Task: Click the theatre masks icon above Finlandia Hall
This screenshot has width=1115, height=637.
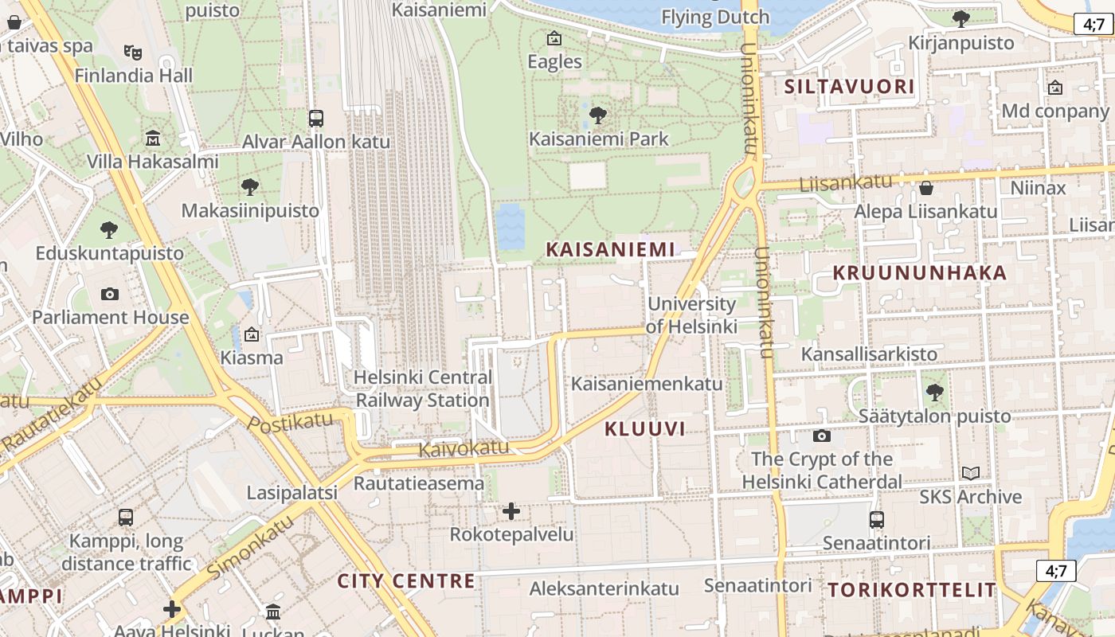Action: point(133,53)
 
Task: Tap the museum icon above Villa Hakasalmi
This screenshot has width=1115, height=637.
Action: point(153,139)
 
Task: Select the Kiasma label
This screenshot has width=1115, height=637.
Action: point(252,358)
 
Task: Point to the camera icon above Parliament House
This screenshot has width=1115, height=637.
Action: point(110,294)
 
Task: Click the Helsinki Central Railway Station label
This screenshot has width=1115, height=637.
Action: point(422,389)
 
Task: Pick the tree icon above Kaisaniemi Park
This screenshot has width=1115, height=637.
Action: point(597,116)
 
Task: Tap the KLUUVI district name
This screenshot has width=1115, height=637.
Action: point(645,429)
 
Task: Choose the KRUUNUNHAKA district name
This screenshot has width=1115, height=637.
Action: point(920,273)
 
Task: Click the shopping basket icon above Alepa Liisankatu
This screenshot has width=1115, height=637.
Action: point(925,189)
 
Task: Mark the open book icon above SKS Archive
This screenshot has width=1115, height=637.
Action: point(970,474)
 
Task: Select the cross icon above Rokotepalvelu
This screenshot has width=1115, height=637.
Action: point(511,510)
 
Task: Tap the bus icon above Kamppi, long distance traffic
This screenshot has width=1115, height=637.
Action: point(126,518)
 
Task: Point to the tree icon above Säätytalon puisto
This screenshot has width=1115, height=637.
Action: point(934,393)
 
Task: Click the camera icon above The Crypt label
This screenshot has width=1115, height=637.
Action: point(822,436)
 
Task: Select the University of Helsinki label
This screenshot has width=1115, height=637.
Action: point(691,315)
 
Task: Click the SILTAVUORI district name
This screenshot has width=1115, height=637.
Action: point(849,87)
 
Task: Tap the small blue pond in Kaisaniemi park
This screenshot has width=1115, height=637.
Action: point(510,225)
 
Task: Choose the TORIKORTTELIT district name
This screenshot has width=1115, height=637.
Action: point(912,590)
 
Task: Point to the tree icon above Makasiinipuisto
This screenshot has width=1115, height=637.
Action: point(250,188)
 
